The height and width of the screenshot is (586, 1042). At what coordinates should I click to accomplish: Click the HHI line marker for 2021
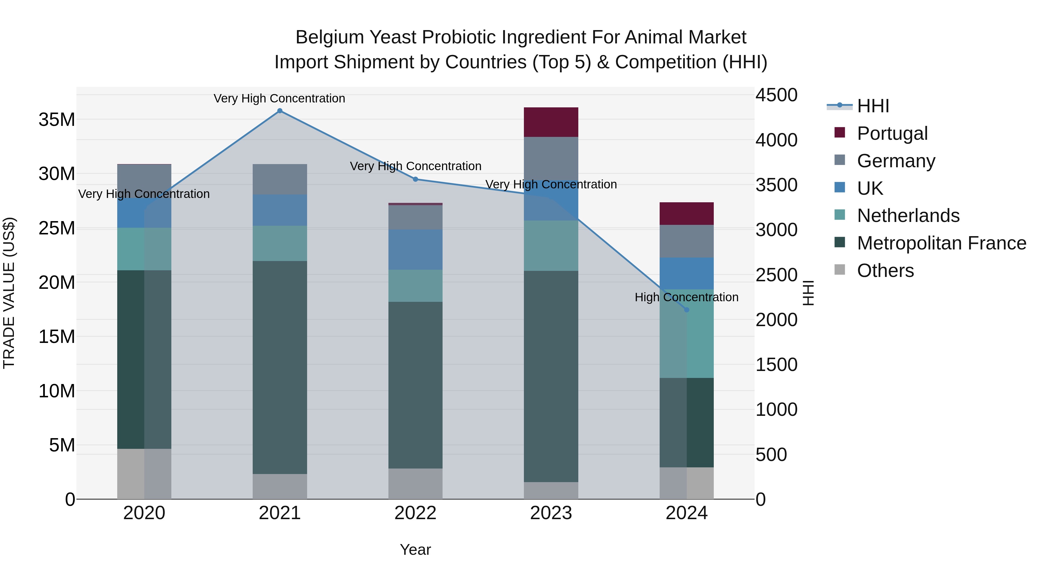click(x=280, y=111)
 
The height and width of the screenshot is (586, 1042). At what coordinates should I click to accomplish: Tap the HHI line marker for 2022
click(x=415, y=179)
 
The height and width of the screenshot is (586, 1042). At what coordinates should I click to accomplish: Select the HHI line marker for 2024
click(x=687, y=310)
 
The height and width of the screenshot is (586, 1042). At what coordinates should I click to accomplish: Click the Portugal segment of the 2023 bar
click(x=551, y=122)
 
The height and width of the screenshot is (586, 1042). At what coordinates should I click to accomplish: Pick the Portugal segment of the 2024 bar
click(x=687, y=214)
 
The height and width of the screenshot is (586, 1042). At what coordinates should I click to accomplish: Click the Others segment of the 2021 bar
click(x=280, y=486)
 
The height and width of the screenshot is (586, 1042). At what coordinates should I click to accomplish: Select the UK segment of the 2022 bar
click(x=415, y=249)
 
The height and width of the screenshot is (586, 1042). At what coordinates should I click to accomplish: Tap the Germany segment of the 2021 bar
click(x=280, y=179)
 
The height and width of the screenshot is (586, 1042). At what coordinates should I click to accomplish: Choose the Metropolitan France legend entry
click(x=941, y=243)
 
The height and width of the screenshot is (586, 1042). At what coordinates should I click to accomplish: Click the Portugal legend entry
click(x=892, y=133)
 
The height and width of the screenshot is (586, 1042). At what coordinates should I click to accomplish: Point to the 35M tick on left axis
click(x=57, y=120)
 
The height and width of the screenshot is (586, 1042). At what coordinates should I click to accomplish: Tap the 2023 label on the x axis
click(x=551, y=513)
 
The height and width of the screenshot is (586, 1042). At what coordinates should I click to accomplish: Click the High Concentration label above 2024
click(x=687, y=297)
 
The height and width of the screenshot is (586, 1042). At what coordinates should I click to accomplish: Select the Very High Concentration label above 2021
click(x=280, y=98)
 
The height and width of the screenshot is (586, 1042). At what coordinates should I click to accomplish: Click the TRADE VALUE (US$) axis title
click(x=9, y=293)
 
